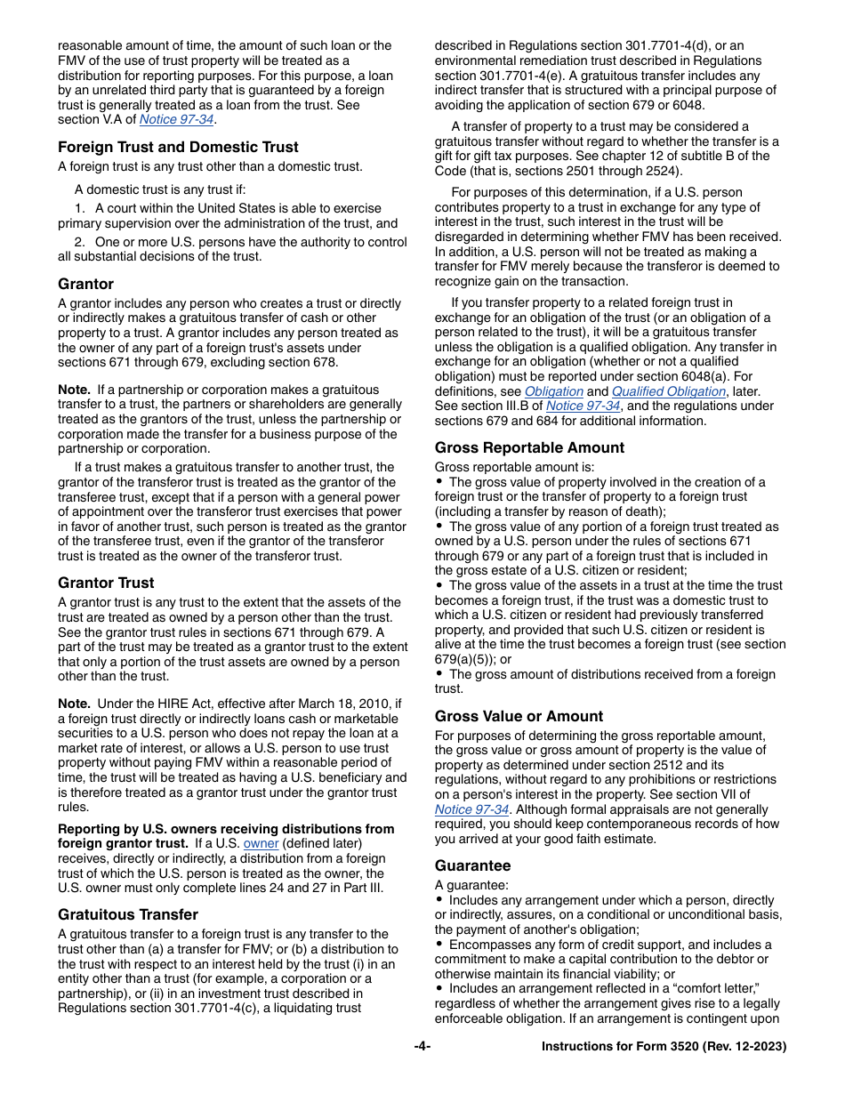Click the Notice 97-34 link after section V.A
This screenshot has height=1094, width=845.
[176, 119]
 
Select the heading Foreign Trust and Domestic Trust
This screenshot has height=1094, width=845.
[178, 147]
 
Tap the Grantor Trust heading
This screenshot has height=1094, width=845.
[106, 583]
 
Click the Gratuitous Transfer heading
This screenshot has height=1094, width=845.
[128, 914]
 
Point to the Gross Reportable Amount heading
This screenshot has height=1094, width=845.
[529, 447]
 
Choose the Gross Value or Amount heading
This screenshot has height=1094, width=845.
[519, 716]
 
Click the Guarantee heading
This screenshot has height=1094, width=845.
[472, 865]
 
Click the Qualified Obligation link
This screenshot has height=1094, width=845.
[668, 391]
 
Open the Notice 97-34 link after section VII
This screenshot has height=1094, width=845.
[471, 809]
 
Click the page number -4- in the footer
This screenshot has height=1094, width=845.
[422, 1047]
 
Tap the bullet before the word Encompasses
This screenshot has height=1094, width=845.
[439, 944]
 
